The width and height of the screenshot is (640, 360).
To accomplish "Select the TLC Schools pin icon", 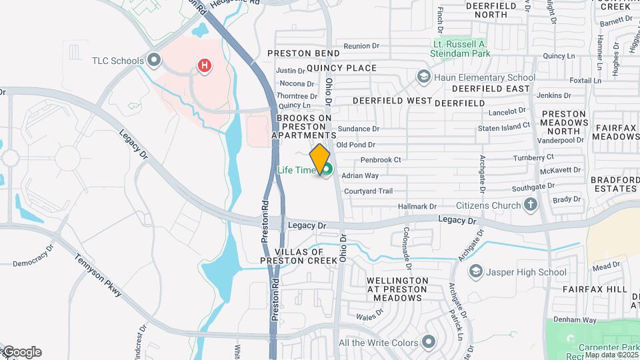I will coord(155,61).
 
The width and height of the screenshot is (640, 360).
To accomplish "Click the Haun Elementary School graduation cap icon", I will coord(423,77).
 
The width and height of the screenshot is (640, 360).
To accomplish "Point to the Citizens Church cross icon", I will coord(531,205).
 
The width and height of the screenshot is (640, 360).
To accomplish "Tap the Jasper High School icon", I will coord(475,272).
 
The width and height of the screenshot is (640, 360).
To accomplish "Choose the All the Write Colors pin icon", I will coord(428,343).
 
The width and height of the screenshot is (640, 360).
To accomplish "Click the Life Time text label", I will coord(296,171).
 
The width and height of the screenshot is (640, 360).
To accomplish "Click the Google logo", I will coord(21,352).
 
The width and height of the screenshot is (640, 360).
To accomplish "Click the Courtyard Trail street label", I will coord(369,191).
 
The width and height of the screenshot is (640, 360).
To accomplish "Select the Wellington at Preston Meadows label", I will coord(397,289).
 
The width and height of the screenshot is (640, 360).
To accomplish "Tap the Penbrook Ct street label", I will coord(381,160).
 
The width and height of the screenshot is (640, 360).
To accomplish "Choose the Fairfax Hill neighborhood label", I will coord(595,289).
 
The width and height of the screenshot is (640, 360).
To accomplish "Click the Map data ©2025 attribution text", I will coord(611,355).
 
